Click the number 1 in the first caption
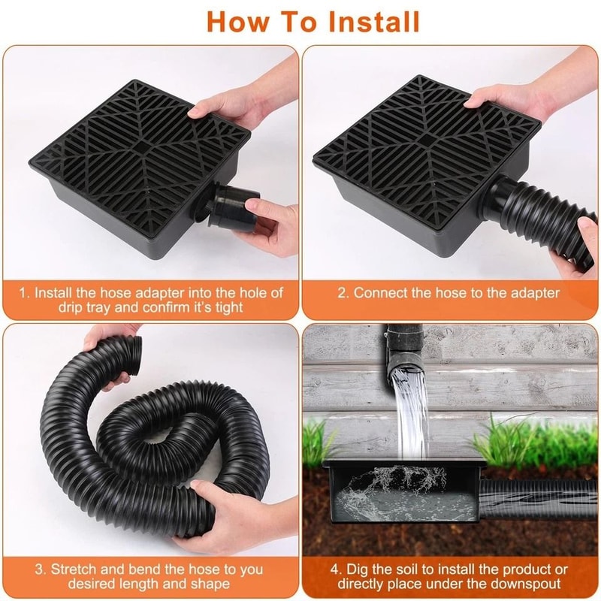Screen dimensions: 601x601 (x=23, y=292)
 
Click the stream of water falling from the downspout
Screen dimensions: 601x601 (x=411, y=413)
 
